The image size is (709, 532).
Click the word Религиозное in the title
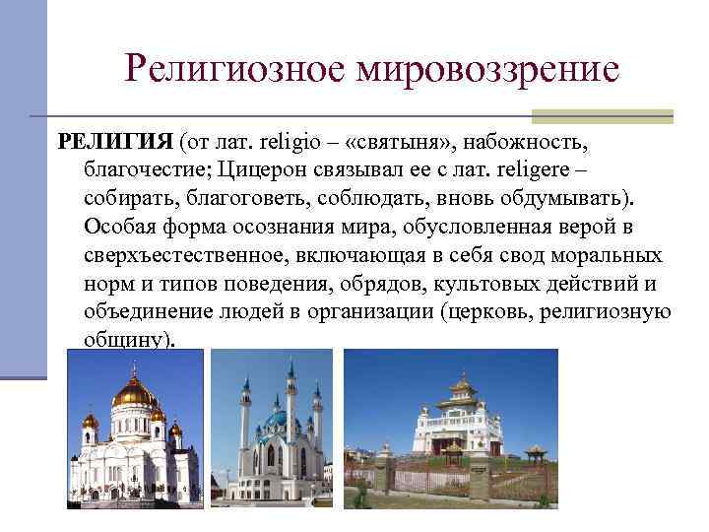(x=236, y=68)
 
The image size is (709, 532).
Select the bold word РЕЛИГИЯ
(x=116, y=140)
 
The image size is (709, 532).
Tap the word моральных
(x=603, y=255)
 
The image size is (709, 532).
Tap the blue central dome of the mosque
(x=277, y=422)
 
